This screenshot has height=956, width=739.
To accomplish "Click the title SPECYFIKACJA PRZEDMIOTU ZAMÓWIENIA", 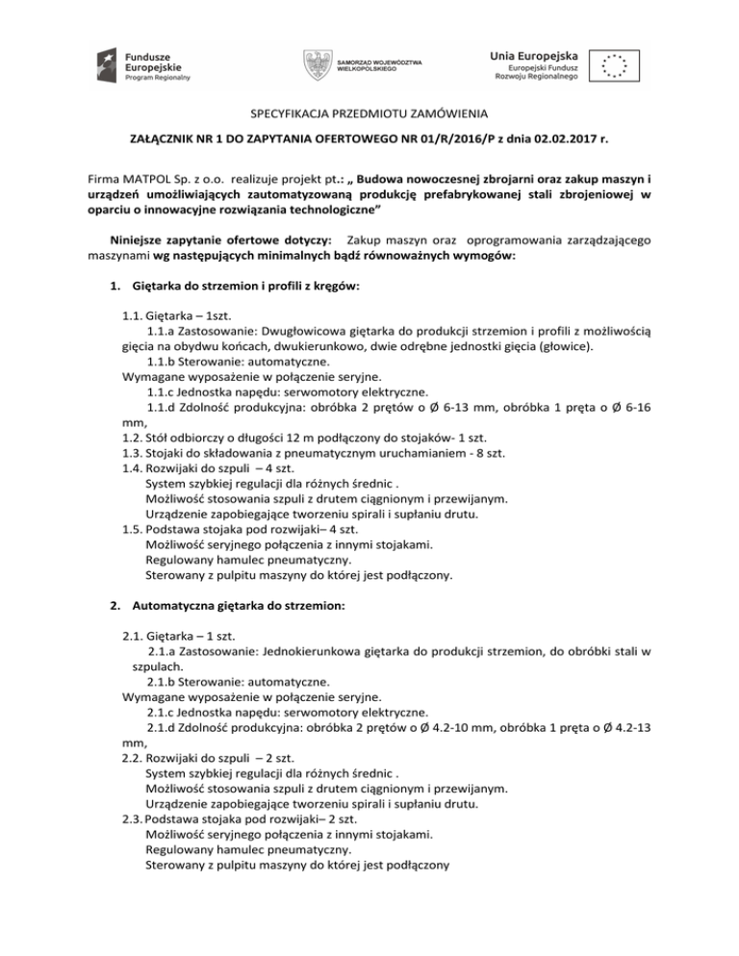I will click(x=369, y=113).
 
